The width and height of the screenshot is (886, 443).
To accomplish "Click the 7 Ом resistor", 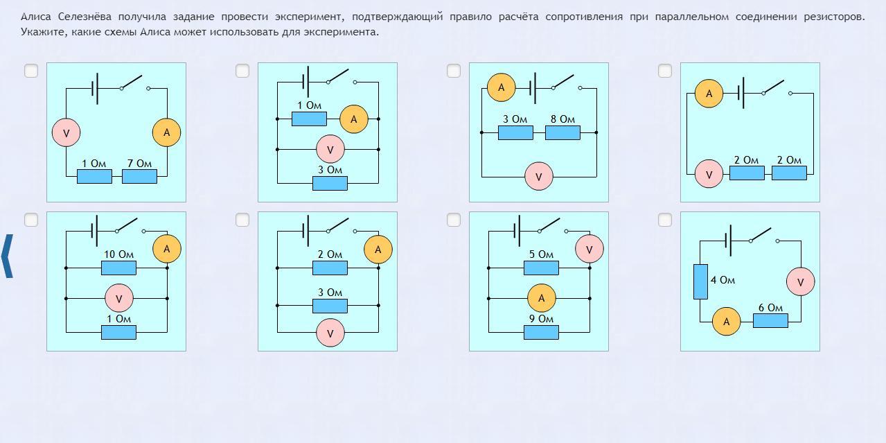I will [139, 176].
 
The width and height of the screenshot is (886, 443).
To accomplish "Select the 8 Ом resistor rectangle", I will [562, 132].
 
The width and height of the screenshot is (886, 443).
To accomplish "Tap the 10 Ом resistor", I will [118, 268].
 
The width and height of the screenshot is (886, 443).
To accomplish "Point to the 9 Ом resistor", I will [541, 332].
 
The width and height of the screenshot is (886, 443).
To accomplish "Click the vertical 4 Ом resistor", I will [700, 281].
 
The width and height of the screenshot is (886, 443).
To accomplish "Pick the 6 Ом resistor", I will [770, 320].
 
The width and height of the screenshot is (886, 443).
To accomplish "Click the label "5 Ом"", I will [541, 254].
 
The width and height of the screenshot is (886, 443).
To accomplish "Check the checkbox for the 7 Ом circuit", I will [31, 71].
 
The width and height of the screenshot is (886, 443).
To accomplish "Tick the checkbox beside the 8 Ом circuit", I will [454, 71].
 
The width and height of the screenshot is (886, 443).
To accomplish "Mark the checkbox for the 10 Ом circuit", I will [31, 220].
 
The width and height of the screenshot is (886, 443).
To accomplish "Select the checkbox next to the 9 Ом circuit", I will [454, 220].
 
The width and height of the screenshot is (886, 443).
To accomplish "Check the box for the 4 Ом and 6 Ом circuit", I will [665, 220].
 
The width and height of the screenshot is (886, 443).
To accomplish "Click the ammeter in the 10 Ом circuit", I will [166, 249].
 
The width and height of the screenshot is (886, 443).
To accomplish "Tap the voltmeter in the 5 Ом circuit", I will [590, 249].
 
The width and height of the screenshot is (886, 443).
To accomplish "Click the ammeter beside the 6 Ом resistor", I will [726, 322].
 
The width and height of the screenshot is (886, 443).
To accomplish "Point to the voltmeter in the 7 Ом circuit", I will [66, 133].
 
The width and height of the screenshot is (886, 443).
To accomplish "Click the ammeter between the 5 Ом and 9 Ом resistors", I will [541, 298].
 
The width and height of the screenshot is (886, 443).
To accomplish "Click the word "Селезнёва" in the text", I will [84, 17].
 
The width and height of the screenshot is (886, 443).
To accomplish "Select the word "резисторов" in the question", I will [838, 17].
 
